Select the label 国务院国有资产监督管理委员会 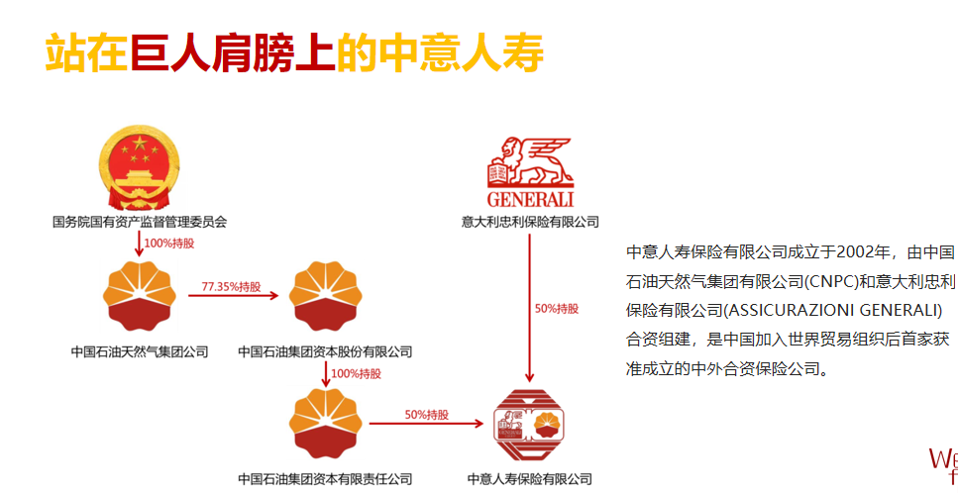point(140,222)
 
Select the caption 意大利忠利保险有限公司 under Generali point(530,222)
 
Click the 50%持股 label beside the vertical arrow point(556,308)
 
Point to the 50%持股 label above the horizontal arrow point(426,414)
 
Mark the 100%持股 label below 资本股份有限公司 point(355,373)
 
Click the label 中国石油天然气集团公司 point(140,350)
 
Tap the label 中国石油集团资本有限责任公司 point(325,479)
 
